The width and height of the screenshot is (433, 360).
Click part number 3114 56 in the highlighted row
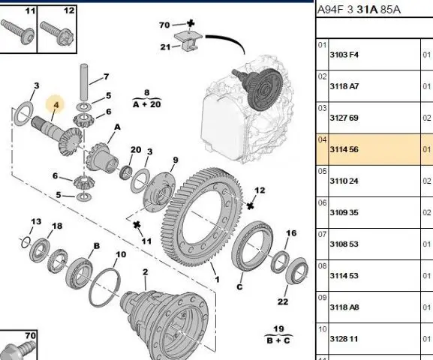(x=344, y=149)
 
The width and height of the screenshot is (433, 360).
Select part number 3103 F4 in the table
(x=344, y=55)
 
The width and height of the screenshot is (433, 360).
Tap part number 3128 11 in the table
(x=344, y=339)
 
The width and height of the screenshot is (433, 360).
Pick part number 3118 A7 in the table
(x=344, y=86)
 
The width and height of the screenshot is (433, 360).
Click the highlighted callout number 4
(x=56, y=105)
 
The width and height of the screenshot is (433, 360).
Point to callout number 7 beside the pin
(x=107, y=76)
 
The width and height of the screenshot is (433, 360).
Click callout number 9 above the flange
(x=176, y=160)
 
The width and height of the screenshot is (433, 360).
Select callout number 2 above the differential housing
(x=146, y=272)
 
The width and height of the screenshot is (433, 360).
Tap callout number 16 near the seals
(x=291, y=233)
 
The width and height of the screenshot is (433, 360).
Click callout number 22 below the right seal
(x=283, y=301)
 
